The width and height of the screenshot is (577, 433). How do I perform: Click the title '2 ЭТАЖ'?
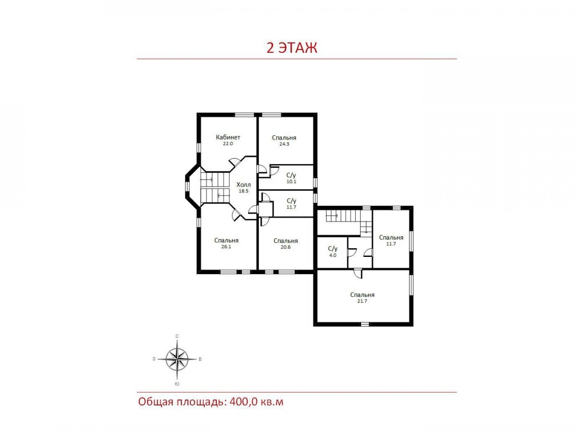pyautogui.click(x=291, y=48)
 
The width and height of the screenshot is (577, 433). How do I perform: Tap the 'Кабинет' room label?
pyautogui.click(x=228, y=137)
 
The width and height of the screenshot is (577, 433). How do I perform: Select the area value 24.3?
pyautogui.click(x=284, y=144)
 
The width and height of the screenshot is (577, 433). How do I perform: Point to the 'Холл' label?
pyautogui.click(x=243, y=185)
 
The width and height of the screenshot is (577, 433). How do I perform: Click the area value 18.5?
pyautogui.click(x=243, y=191)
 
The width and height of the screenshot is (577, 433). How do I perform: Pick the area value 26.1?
pyautogui.click(x=226, y=247)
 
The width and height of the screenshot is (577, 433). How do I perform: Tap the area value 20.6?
pyautogui.click(x=286, y=247)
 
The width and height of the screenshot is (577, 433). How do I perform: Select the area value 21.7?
pyautogui.click(x=362, y=301)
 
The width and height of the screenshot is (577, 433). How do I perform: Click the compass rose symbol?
pyautogui.click(x=177, y=359)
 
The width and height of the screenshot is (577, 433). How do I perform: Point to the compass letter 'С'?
pyautogui.click(x=177, y=336)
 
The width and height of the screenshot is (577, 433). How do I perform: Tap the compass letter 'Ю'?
pyautogui.click(x=177, y=384)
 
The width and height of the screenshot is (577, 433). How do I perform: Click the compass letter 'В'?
pyautogui.click(x=200, y=359)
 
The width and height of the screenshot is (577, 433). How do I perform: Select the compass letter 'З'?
pyautogui.click(x=154, y=359)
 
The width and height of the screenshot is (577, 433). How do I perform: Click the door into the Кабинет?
pyautogui.click(x=235, y=162)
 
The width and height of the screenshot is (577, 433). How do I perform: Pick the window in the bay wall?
pyautogui.click(x=187, y=186)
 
